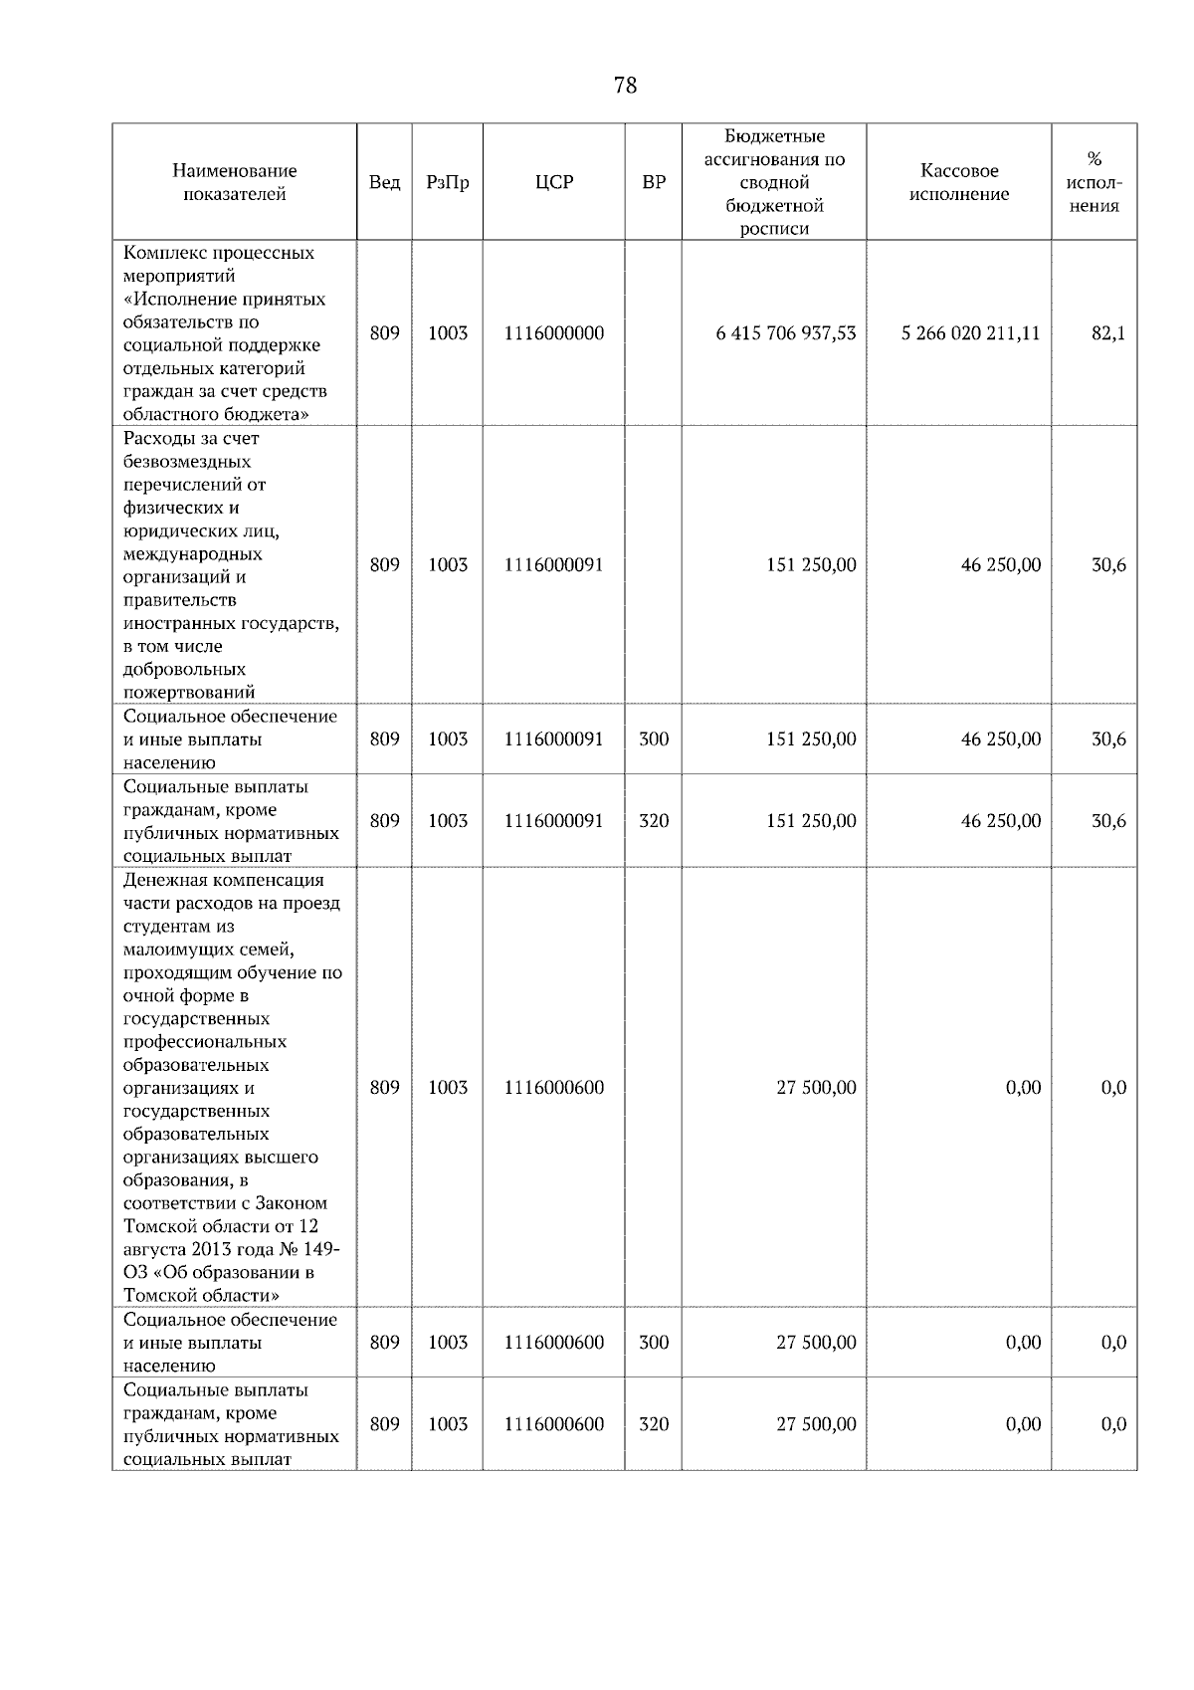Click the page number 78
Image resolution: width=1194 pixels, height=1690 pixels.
[625, 86]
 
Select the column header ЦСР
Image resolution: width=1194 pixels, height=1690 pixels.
[553, 182]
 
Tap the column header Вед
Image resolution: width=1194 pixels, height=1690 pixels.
[384, 182]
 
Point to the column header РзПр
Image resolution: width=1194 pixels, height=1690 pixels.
[447, 182]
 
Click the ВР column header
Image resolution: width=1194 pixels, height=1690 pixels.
[654, 182]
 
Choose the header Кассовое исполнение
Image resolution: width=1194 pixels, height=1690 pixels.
[958, 182]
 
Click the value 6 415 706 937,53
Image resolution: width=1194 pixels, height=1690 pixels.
[785, 333]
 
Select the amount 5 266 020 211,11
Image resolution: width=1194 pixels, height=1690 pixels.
[970, 333]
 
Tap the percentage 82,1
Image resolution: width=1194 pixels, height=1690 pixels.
[1108, 333]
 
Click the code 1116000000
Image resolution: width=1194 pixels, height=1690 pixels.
[553, 333]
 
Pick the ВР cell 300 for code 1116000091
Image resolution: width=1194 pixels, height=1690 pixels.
[654, 739]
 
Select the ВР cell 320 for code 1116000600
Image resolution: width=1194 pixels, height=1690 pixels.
[654, 1424]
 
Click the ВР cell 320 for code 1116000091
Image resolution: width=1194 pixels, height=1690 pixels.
[654, 821]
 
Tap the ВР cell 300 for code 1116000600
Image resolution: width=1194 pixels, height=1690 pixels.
[654, 1343]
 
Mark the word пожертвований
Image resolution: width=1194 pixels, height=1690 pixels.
[189, 693]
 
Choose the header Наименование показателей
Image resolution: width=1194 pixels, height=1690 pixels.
[234, 182]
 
